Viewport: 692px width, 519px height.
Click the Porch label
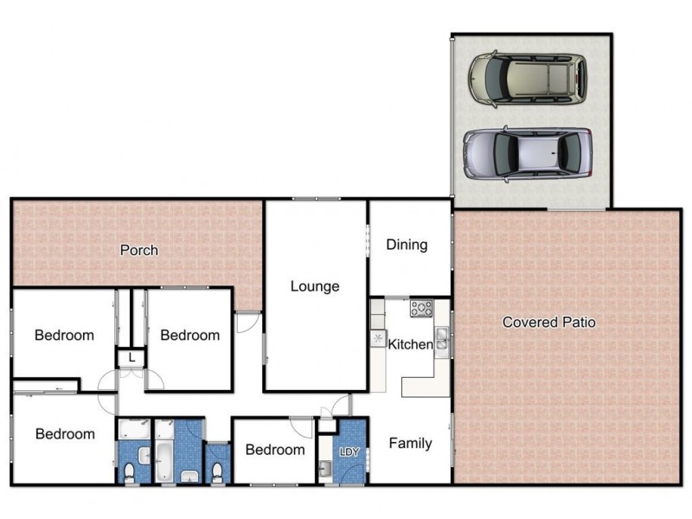pyautogui.click(x=138, y=250)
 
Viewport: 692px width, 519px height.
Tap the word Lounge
pyautogui.click(x=314, y=286)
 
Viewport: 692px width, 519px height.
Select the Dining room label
pyautogui.click(x=407, y=245)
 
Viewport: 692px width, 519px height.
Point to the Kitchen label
pyautogui.click(x=410, y=344)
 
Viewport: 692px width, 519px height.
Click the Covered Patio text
pyautogui.click(x=549, y=322)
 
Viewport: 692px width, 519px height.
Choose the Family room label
pyautogui.click(x=410, y=444)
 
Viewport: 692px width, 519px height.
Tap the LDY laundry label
pyautogui.click(x=349, y=452)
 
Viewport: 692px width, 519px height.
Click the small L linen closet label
pyautogui.click(x=131, y=357)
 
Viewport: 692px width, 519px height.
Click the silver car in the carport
pyautogui.click(x=527, y=153)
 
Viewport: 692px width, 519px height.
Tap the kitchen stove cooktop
pyautogui.click(x=421, y=307)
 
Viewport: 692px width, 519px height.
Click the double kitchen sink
pyautogui.click(x=441, y=339)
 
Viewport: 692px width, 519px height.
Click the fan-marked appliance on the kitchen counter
pyautogui.click(x=378, y=337)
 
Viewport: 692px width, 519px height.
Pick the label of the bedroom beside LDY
pyautogui.click(x=274, y=450)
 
